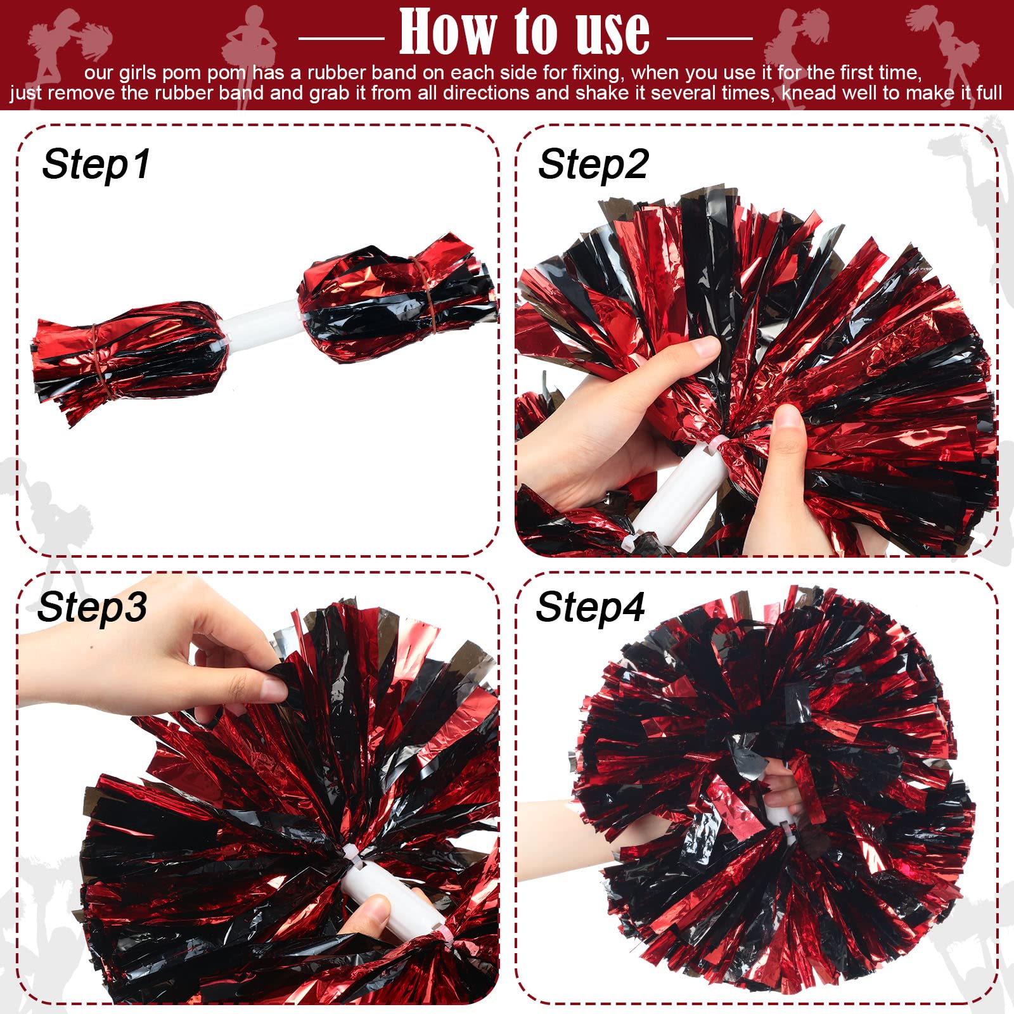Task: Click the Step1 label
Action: tap(96, 164)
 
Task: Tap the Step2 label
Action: tap(593, 164)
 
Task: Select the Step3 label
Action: tap(92, 607)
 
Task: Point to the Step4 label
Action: tap(590, 607)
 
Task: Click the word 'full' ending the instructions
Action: tap(989, 93)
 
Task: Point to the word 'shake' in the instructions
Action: tap(599, 93)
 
